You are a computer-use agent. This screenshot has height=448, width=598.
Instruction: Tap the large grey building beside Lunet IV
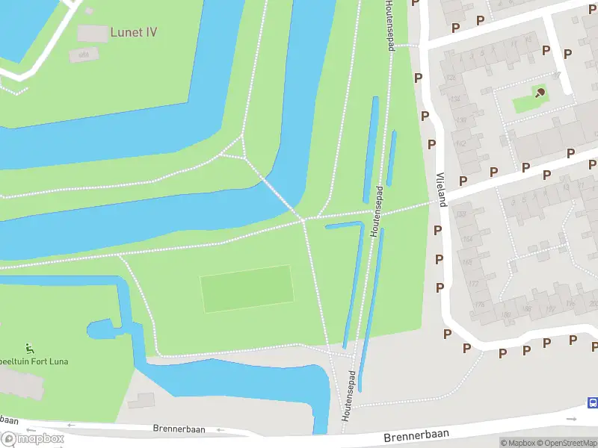pyautogui.click(x=93, y=34)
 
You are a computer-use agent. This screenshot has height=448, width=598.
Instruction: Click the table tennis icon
pyautogui.click(x=540, y=93)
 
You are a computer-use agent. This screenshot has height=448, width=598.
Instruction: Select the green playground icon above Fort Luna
pyautogui.click(x=29, y=349)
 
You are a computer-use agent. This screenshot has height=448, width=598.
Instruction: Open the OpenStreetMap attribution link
pyautogui.click(x=570, y=443)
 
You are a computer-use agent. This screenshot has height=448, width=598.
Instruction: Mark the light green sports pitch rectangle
pyautogui.click(x=247, y=289)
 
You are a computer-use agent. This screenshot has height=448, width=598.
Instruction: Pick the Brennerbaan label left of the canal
pyautogui.click(x=174, y=429)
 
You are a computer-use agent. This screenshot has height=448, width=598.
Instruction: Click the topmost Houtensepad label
pyautogui.click(x=389, y=26)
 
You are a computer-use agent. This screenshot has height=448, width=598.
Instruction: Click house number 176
pyautogui.click(x=479, y=304)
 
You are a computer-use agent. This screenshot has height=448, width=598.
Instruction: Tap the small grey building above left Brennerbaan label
pyautogui.click(x=141, y=401)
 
